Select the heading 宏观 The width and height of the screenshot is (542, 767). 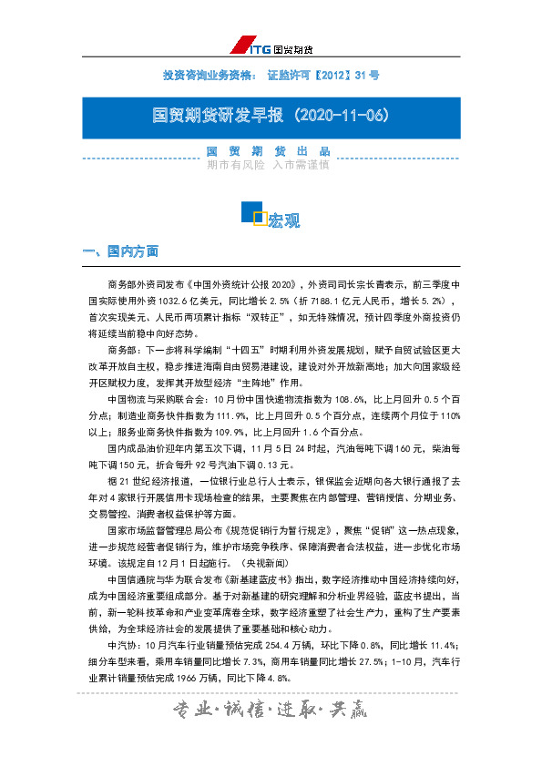(284, 220)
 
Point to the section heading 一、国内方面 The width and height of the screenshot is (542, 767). (120, 250)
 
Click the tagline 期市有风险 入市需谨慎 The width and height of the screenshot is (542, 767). (268, 166)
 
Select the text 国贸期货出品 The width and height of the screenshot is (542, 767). (268, 151)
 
